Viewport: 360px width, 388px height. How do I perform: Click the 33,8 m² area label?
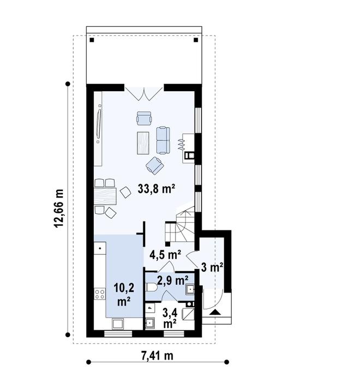[156, 189]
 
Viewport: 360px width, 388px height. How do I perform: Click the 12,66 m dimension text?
[59, 207]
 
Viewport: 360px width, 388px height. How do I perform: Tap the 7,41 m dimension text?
[157, 356]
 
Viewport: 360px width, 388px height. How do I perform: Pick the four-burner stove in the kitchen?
[100, 295]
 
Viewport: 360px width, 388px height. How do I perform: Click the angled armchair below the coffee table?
[154, 164]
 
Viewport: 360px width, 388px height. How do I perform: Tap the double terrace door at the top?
[144, 93]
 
